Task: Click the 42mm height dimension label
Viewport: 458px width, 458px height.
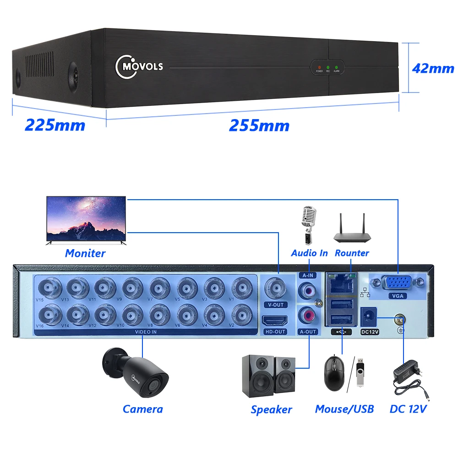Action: click(x=433, y=68)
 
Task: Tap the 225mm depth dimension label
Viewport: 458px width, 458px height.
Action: click(x=55, y=125)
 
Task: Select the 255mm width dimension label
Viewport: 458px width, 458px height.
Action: click(x=259, y=125)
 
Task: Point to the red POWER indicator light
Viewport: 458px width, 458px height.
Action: click(x=319, y=67)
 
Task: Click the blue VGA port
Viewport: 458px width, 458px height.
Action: click(x=397, y=283)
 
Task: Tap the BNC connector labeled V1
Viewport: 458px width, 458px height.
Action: click(x=240, y=288)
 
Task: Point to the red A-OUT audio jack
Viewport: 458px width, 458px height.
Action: click(x=307, y=316)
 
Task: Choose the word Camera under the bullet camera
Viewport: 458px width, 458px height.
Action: click(x=143, y=409)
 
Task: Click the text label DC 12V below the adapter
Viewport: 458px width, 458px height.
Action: click(x=408, y=409)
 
